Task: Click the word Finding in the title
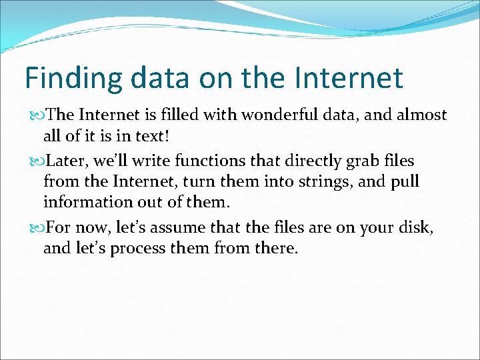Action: coord(73,79)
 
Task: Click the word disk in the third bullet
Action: coord(418,228)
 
